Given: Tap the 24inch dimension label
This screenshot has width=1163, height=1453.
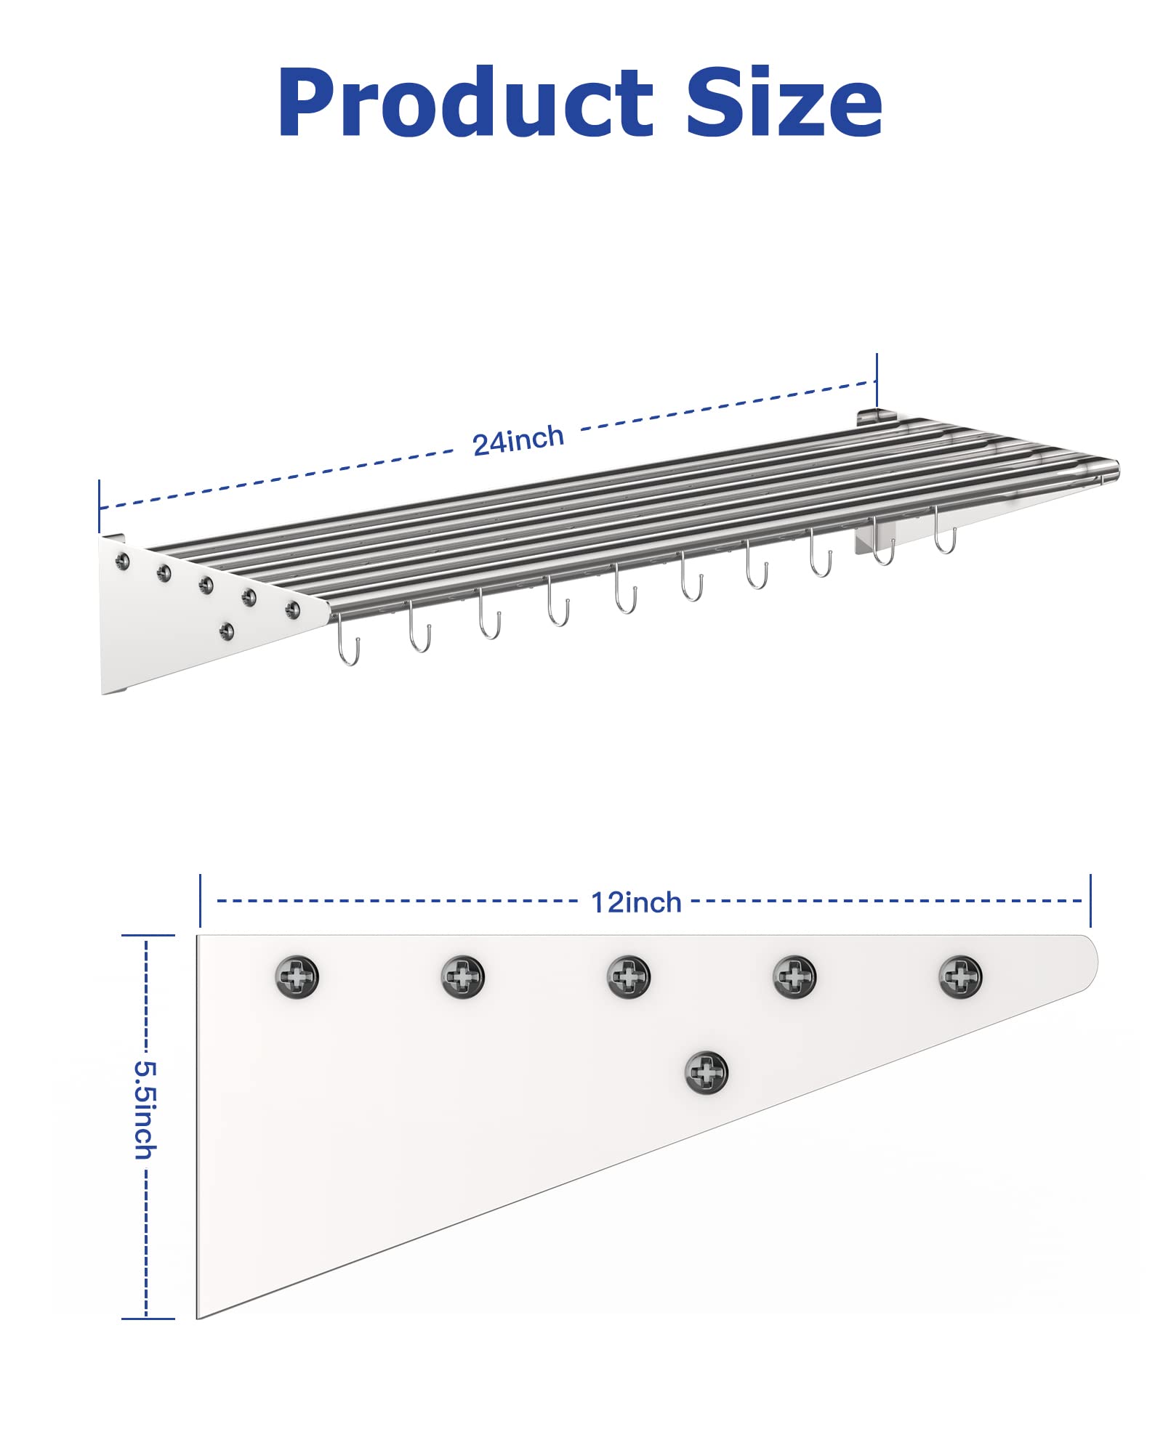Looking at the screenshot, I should point(518,440).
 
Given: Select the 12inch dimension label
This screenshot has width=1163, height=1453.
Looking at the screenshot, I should point(636,902).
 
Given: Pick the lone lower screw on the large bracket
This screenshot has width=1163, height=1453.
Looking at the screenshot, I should point(707,1072).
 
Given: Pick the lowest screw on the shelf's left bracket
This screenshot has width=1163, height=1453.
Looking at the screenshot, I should point(227,631).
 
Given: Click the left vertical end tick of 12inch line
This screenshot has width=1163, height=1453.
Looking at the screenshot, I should point(200,901).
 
